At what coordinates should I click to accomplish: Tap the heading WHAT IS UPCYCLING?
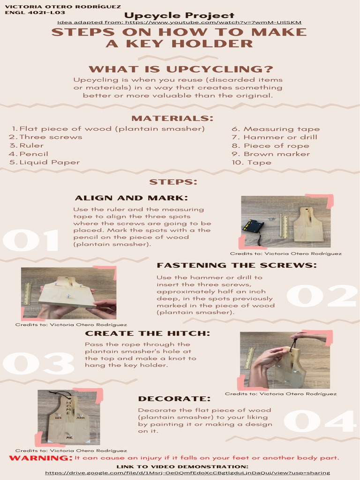pyautogui.click(x=181, y=69)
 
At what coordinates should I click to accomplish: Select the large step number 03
pyautogui.click(x=38, y=363)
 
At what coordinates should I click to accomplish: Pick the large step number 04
pyautogui.click(x=320, y=421)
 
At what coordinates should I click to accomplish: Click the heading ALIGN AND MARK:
pyautogui.click(x=131, y=198)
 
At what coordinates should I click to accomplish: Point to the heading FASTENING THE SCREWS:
pyautogui.click(x=237, y=265)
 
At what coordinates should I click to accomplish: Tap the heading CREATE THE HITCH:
pyautogui.click(x=148, y=333)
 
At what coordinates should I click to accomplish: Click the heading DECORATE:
pyautogui.click(x=174, y=398)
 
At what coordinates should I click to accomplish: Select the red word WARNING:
pyautogui.click(x=41, y=458)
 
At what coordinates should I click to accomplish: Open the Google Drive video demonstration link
pyautogui.click(x=187, y=473)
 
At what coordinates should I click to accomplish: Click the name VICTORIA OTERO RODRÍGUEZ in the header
pyautogui.click(x=63, y=7)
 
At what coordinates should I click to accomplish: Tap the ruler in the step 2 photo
pyautogui.click(x=28, y=293)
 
